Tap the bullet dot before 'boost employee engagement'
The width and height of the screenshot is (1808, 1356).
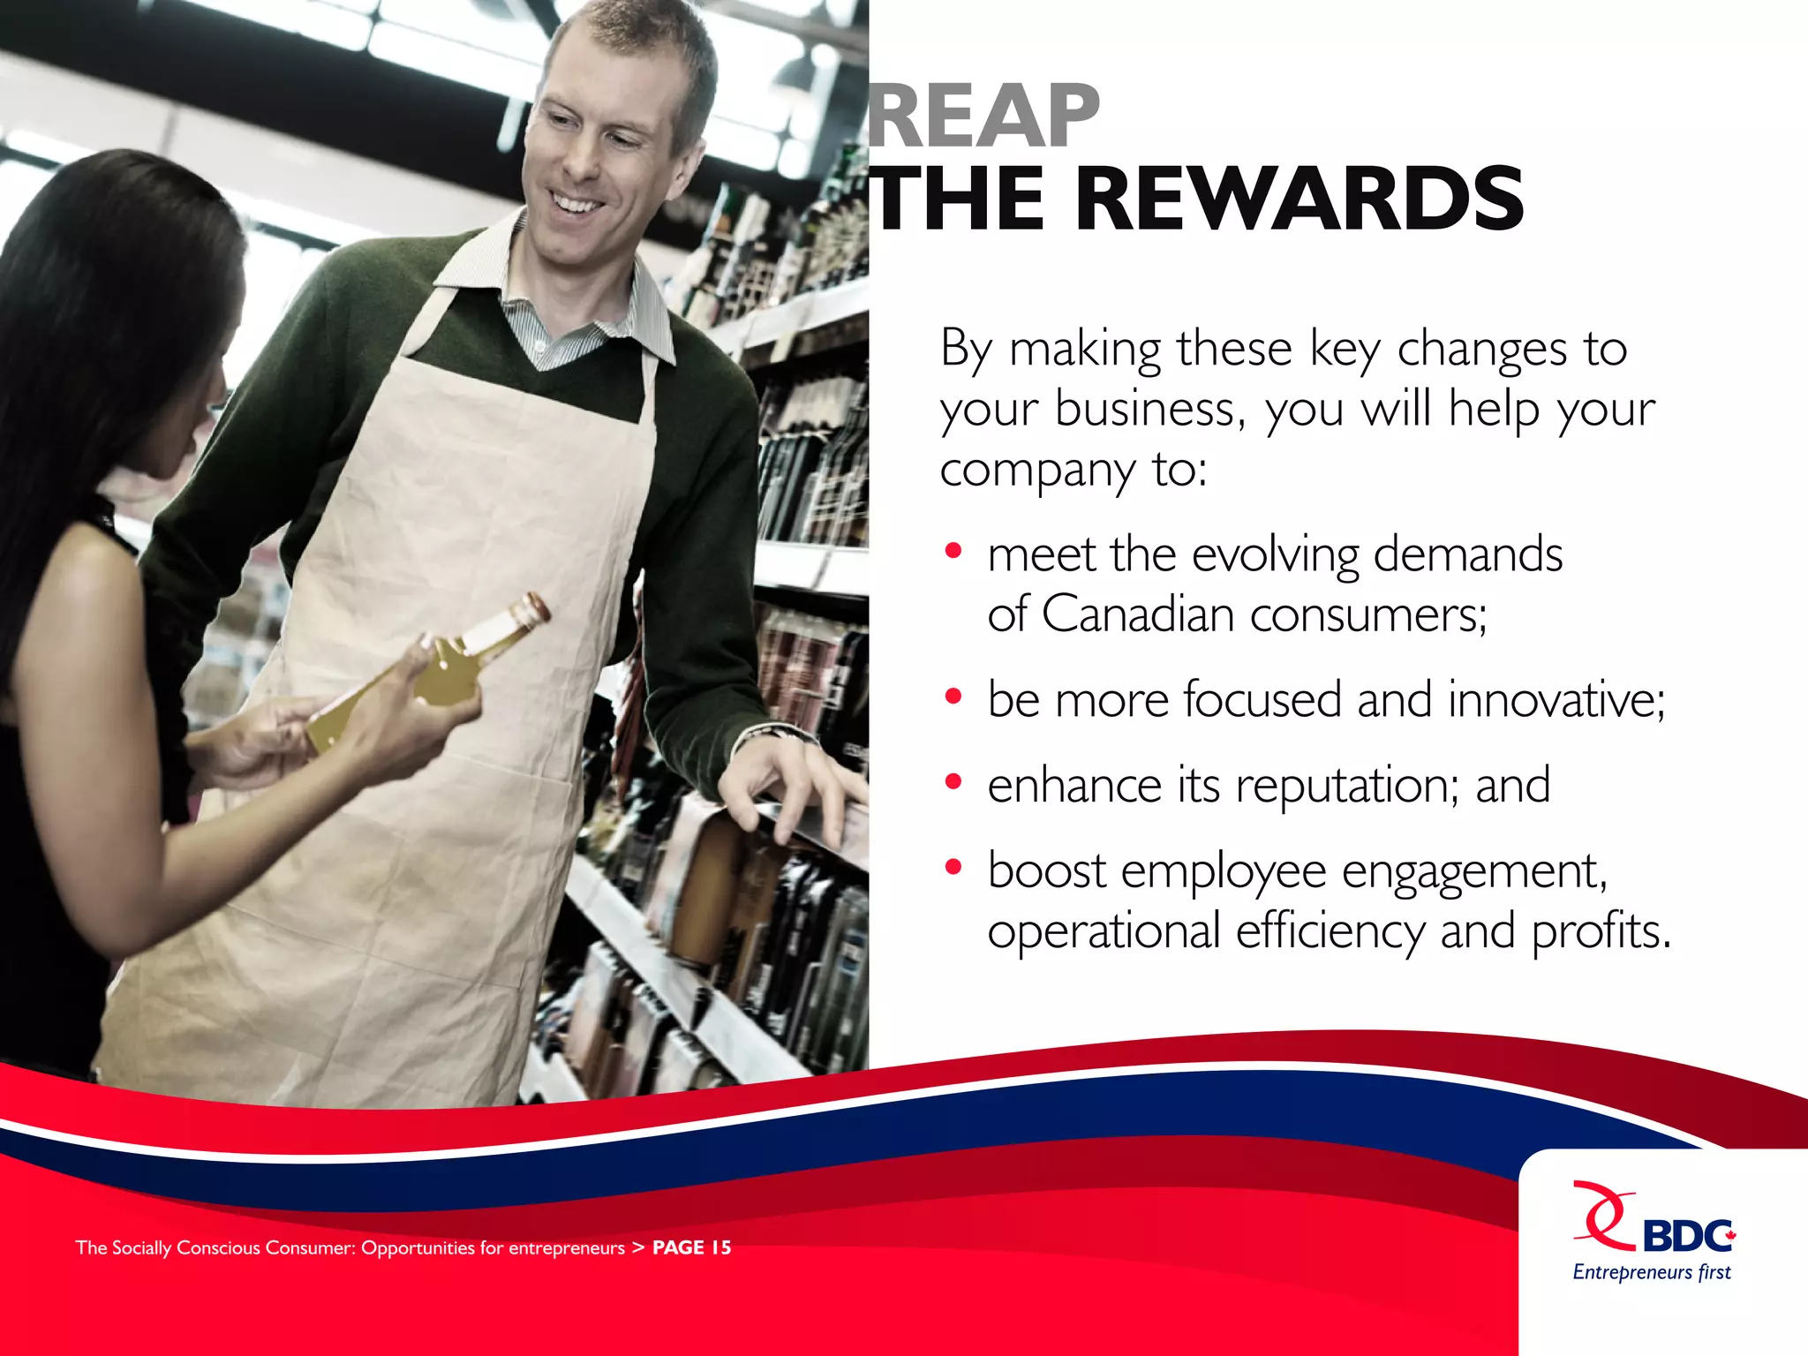pos(953,868)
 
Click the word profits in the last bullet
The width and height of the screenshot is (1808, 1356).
pos(1600,931)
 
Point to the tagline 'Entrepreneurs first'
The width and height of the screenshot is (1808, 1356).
pos(1652,1272)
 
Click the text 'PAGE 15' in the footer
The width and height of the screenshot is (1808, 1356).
pos(691,1247)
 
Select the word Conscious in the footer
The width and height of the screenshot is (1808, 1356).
pos(219,1247)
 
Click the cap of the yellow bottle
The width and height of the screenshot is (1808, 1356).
pos(532,607)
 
